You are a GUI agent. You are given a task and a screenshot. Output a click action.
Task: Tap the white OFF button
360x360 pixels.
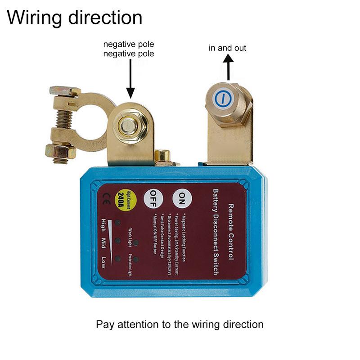153,197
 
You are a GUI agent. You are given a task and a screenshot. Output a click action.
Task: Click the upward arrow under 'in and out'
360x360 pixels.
228,67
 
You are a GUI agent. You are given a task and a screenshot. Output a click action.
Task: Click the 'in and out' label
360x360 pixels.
227,48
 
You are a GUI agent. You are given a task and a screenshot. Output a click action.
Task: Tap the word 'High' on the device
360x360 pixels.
104,224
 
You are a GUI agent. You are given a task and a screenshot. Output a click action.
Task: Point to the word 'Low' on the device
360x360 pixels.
104,261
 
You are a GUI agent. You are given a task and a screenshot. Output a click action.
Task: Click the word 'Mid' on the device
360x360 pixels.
104,243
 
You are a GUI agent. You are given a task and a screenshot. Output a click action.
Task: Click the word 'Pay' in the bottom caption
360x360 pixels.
104,324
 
